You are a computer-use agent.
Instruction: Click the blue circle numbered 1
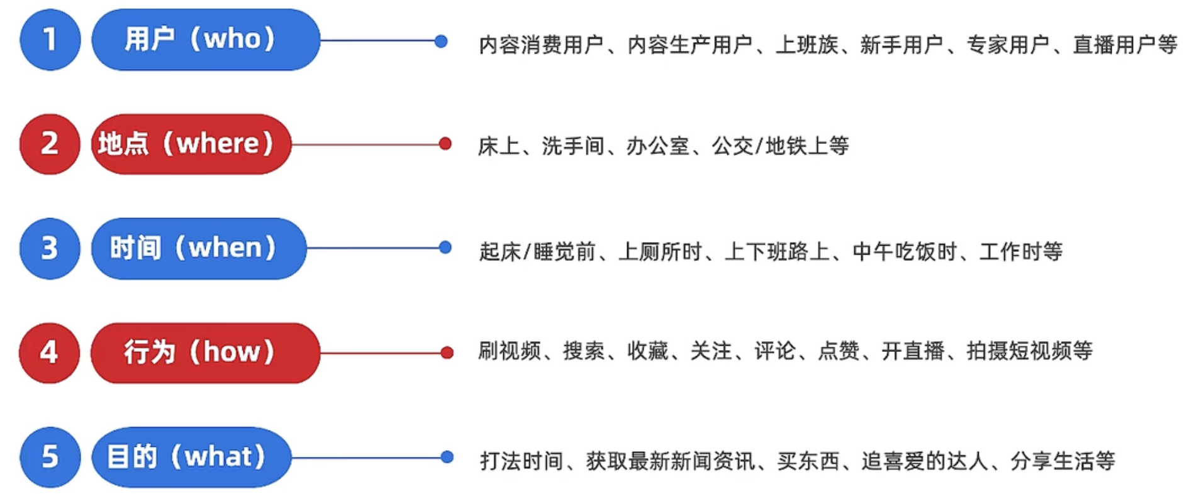click(50, 40)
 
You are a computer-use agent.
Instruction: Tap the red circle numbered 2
click(50, 144)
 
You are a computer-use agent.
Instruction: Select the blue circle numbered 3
click(50, 248)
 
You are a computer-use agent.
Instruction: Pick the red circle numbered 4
click(50, 353)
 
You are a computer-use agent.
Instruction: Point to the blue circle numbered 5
click(50, 457)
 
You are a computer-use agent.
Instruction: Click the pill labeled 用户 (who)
click(206, 40)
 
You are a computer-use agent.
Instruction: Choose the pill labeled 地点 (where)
click(191, 144)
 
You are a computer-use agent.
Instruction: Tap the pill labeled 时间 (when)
click(199, 248)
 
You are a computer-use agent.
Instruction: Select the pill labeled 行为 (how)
click(205, 353)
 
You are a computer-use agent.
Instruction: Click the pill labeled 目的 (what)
click(191, 457)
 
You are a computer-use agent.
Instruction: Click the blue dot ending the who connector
click(441, 41)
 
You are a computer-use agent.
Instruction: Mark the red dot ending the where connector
click(445, 144)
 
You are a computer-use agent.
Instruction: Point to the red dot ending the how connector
click(447, 353)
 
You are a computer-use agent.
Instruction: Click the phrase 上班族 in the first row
click(807, 45)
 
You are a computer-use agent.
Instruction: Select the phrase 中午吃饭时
click(905, 251)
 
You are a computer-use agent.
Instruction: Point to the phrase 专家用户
click(1008, 45)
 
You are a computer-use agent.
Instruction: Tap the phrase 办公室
click(657, 146)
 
